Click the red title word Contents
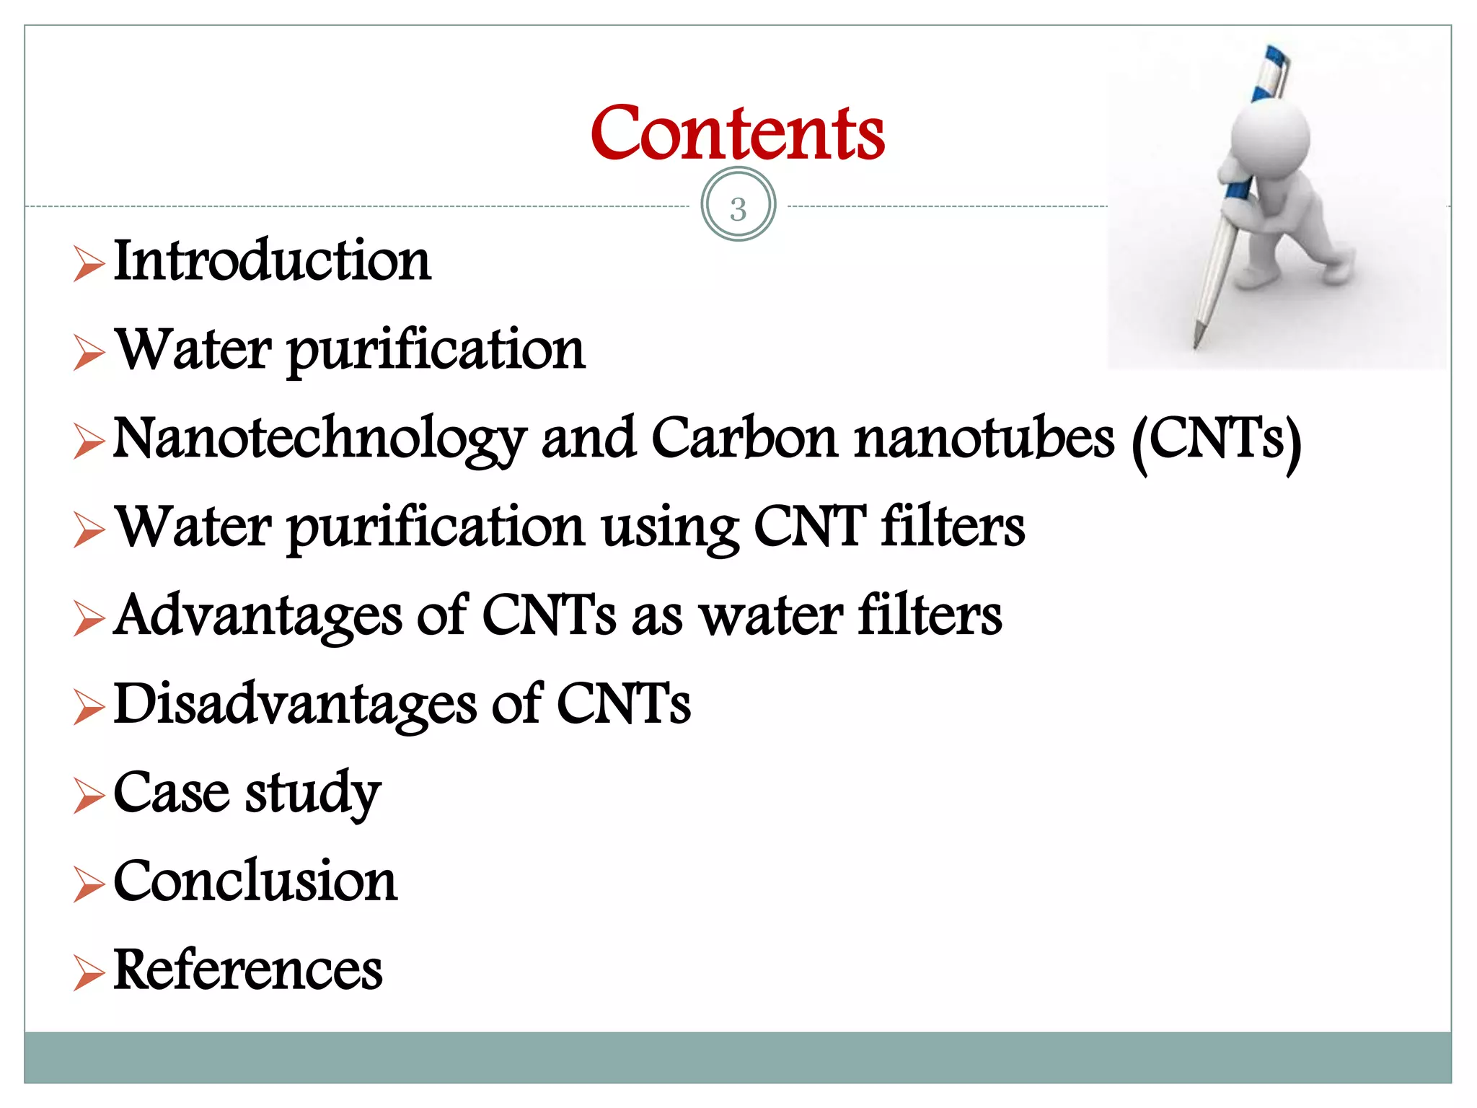pyautogui.click(x=737, y=133)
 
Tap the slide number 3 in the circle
pyautogui.click(x=738, y=208)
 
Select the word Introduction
pyautogui.click(x=273, y=261)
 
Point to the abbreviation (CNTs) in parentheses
pyautogui.click(x=1217, y=440)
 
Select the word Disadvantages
pyautogui.click(x=295, y=705)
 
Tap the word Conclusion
pyautogui.click(x=255, y=881)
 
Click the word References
pyautogui.click(x=248, y=970)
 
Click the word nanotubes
pyautogui.click(x=984, y=439)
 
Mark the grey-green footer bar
pyautogui.click(x=737, y=1057)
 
